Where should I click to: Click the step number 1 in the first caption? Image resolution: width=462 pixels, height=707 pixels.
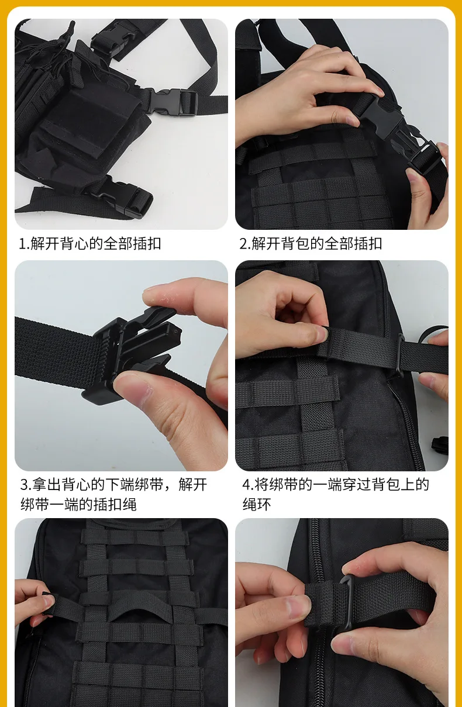[23, 244]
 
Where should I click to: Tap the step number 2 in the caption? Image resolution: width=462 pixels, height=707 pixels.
[243, 244]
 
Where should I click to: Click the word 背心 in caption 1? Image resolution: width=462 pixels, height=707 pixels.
[74, 244]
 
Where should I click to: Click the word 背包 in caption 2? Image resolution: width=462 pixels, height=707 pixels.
[295, 244]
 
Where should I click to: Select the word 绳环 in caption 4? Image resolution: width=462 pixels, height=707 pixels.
[257, 504]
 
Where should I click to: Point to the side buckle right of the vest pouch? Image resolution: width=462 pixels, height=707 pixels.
[172, 102]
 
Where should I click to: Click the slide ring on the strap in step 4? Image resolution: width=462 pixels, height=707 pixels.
[400, 356]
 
